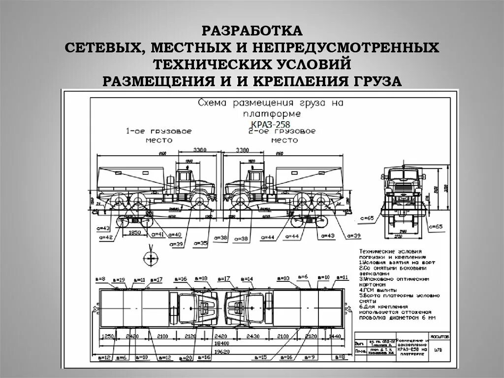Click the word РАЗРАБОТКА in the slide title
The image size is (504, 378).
click(x=252, y=31)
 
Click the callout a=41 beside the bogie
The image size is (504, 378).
click(x=158, y=234)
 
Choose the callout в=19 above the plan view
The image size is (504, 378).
click(x=124, y=279)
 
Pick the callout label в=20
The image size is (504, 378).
click(x=186, y=357)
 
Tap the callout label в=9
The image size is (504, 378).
click(x=310, y=357)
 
